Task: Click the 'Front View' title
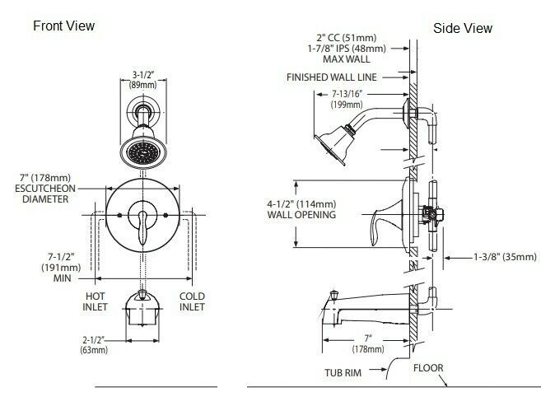(x=63, y=26)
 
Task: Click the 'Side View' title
(x=462, y=28)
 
